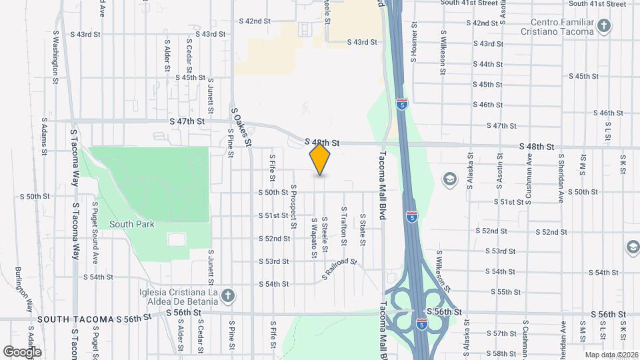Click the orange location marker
(x=320, y=159)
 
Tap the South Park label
(x=132, y=224)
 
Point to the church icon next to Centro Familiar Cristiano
(x=603, y=27)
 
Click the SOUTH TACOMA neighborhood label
(x=75, y=320)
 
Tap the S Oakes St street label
(x=241, y=127)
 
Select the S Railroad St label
(x=340, y=269)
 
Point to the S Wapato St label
(x=313, y=237)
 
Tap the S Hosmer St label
(x=414, y=41)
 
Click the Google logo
(x=22, y=351)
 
